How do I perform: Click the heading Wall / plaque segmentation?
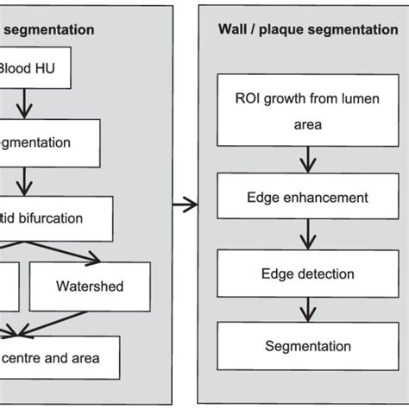tap(307, 29)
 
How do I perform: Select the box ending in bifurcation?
tap(55, 218)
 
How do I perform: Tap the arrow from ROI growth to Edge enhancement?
tap(305, 159)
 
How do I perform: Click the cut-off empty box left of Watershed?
tap(8, 286)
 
